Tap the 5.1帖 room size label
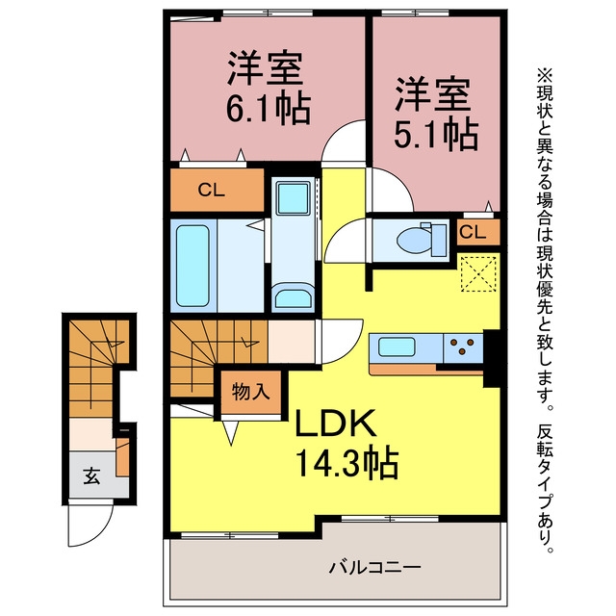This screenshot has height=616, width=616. pos(436,135)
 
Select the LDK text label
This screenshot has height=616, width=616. pos(336,423)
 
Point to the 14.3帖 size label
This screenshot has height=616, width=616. pos(346,464)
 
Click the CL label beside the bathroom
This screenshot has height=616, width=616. pos(212,191)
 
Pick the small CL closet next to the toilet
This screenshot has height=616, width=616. pos(473,232)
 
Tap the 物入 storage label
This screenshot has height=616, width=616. pos(251,392)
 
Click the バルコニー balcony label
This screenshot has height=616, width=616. pos(374,567)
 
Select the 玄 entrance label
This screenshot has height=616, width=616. pos(91,475)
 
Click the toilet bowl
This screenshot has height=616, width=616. pos(414,239)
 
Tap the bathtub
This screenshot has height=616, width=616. pos(192,266)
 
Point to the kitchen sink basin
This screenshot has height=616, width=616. pos(397,346)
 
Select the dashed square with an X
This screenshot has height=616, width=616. pos(478,273)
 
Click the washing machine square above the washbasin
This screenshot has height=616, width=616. pos(293,198)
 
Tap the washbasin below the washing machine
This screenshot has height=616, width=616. pos(294,299)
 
